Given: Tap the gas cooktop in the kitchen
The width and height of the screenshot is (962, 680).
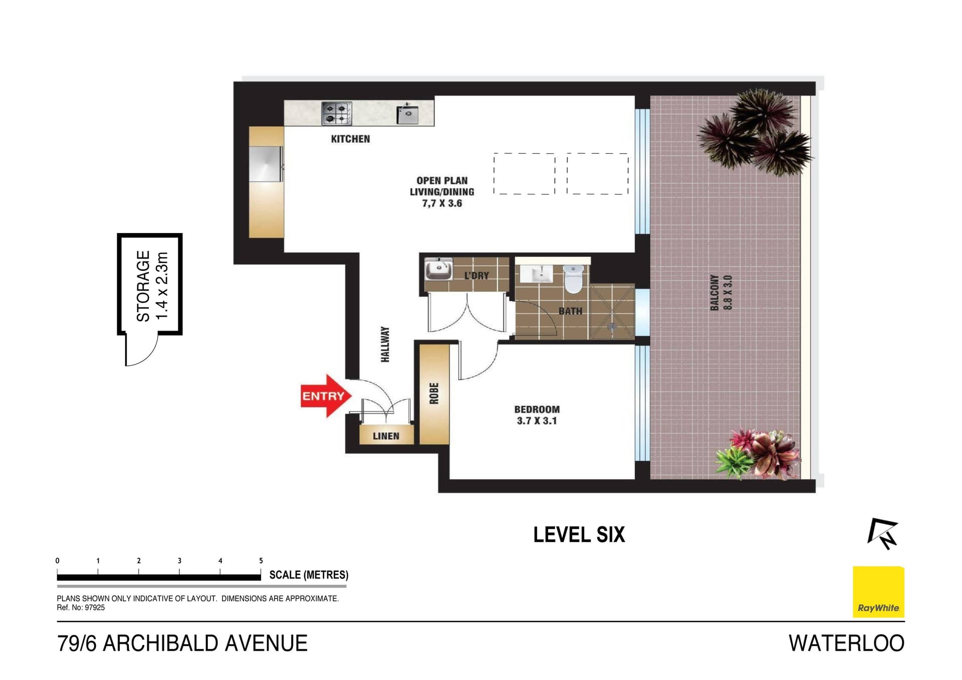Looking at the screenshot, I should coord(337,113).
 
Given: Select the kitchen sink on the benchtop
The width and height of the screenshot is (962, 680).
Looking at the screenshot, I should coord(407,114).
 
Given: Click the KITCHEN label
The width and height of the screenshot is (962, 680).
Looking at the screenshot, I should coord(350,139).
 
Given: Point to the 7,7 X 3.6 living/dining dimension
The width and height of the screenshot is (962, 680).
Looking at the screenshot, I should coord(442,203).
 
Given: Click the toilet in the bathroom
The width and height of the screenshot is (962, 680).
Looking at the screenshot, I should coord(573,279).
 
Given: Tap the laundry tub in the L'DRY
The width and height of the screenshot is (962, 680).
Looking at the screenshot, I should coord(438,269).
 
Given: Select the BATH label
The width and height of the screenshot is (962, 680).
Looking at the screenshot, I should coord(570,311).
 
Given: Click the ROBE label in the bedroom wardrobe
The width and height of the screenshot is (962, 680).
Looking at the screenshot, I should coord(434,393).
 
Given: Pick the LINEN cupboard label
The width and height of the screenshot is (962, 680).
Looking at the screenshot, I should coord(386,436).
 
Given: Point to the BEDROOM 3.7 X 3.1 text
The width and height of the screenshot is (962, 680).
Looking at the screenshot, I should coord(537,415).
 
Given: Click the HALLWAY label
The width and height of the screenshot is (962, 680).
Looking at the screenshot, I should coord(385,344).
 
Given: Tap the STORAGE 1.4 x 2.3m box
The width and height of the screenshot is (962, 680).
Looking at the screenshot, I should coord(150,285).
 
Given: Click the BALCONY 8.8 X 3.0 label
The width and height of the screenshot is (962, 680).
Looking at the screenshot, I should coord(721,292).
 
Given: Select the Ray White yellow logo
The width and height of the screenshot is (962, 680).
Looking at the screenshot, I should coord(878,592).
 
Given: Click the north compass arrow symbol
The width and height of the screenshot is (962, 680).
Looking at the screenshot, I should coord(883,534).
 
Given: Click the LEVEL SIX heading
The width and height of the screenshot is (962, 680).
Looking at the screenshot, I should coord(579,535).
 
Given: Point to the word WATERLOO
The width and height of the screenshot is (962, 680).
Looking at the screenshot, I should coord(846,643).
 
